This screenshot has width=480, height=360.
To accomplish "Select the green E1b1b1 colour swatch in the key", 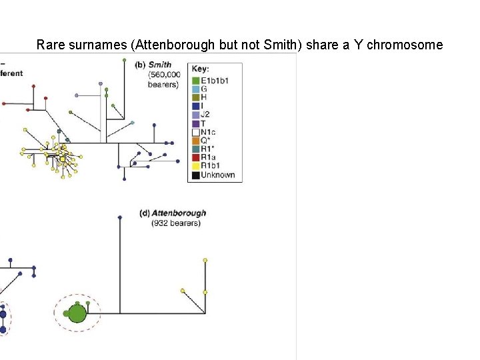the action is pyautogui.click(x=195, y=80).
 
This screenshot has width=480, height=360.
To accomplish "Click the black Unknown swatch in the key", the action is pyautogui.click(x=195, y=175).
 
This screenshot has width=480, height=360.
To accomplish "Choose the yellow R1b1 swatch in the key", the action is pyautogui.click(x=195, y=167).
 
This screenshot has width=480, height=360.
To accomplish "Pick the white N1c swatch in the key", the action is pyautogui.click(x=195, y=132).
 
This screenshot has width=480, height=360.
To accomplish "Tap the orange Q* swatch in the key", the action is pyautogui.click(x=195, y=141).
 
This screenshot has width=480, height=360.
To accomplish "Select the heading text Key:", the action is pyautogui.click(x=201, y=69).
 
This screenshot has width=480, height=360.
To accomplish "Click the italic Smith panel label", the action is pyautogui.click(x=159, y=65).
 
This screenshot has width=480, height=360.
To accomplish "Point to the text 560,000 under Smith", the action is pyautogui.click(x=163, y=75).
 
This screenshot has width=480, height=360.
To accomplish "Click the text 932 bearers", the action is pyautogui.click(x=175, y=223).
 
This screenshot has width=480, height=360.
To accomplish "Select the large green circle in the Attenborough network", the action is pyautogui.click(x=77, y=313).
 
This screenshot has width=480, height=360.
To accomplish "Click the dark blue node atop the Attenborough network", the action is pyautogui.click(x=119, y=217).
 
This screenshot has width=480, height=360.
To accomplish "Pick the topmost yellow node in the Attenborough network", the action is pyautogui.click(x=205, y=259).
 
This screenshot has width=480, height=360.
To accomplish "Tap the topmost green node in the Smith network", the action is pyautogui.click(x=125, y=60).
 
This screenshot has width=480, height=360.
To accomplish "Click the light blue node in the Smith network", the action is pyautogui.click(x=132, y=123).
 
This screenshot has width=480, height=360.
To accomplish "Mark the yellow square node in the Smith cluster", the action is pyautogui.click(x=62, y=159).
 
